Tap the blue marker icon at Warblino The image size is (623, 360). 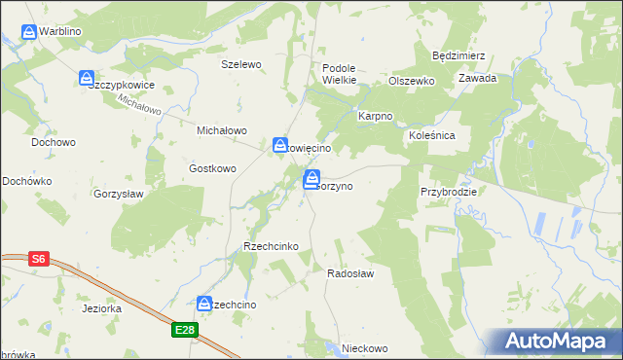29,32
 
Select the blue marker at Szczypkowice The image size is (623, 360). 87,77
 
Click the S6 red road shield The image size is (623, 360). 38,259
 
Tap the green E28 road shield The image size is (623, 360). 186,331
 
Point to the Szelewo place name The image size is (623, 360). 242,64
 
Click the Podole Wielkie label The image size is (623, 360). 340,74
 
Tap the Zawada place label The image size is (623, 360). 478,78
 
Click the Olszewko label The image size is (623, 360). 411,82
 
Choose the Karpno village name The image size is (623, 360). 375,116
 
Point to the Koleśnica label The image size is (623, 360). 432,135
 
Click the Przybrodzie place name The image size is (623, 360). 449,192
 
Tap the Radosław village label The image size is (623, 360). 351,274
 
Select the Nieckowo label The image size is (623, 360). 358,348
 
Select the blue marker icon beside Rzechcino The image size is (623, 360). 205,305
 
